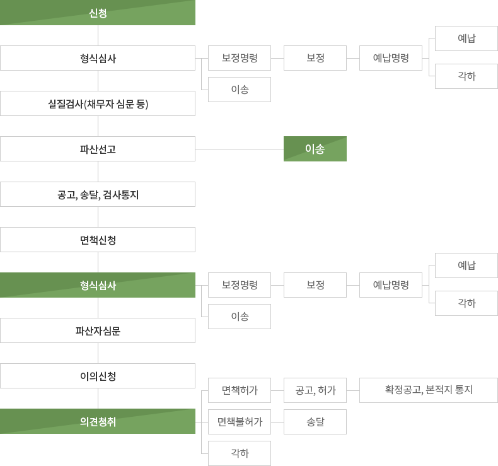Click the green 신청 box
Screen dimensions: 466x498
(98, 13)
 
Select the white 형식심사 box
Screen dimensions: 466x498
(98, 58)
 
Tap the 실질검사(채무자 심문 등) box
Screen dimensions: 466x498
(98, 103)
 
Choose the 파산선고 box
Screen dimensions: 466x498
(98, 149)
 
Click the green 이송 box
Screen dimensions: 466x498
(315, 149)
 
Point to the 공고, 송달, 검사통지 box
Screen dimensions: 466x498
(98, 194)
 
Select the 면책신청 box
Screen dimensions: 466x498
(98, 240)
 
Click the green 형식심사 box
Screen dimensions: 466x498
(98, 285)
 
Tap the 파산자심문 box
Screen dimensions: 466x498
(98, 330)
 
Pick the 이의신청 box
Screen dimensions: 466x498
(98, 376)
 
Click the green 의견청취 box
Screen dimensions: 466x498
(98, 421)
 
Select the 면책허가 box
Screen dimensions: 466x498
(240, 390)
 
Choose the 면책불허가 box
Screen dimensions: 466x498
(240, 422)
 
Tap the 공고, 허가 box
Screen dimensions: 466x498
(315, 390)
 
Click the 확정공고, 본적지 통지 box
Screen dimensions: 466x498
(429, 390)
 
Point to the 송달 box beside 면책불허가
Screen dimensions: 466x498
(315, 422)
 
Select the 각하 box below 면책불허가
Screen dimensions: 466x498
(240, 453)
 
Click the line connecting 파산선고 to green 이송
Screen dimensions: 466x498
(240, 149)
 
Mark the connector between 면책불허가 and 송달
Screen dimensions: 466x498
(277, 422)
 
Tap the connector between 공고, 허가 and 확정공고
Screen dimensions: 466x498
(353, 390)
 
